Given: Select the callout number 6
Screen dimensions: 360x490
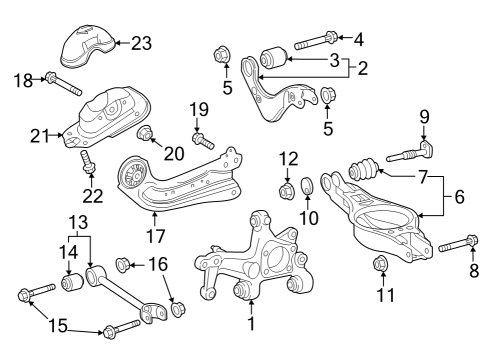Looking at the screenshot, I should pos(459,197).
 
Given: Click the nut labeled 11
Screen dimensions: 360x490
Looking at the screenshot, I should pos(381,264).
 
